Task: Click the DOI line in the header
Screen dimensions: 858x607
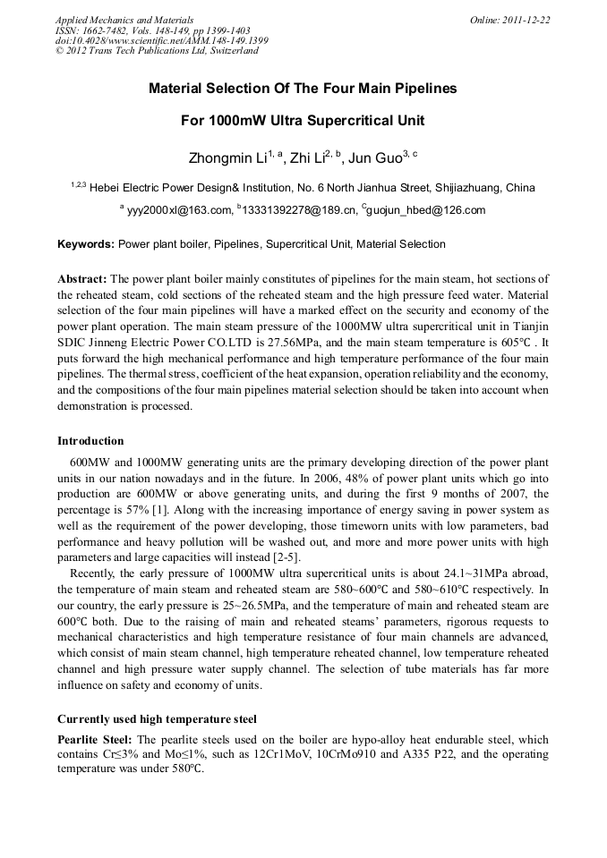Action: coord(161,40)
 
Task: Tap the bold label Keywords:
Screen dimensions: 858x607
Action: coord(86,243)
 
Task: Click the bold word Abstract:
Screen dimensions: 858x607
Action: coord(82,279)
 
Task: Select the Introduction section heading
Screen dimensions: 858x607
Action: coord(90,441)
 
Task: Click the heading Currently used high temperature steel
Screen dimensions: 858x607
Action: coord(157,718)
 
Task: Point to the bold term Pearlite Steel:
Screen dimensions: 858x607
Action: coord(95,740)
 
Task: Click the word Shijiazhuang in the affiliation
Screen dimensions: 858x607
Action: coord(469,188)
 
